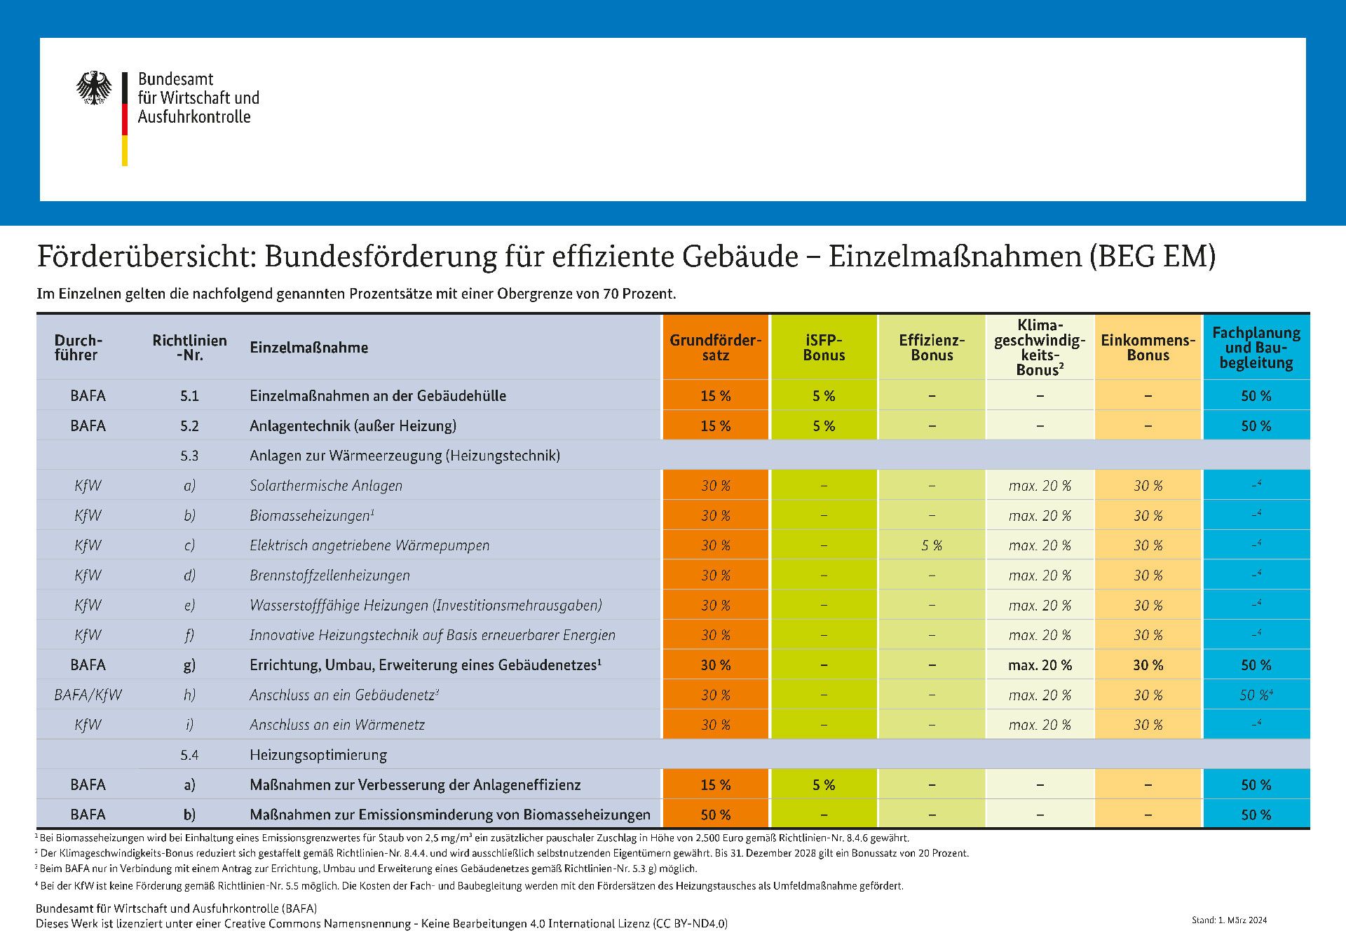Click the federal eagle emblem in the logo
click(x=94, y=88)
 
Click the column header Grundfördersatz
click(x=715, y=348)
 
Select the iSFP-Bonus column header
click(x=824, y=348)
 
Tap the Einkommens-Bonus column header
click(x=1148, y=348)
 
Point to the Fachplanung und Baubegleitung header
click(x=1256, y=348)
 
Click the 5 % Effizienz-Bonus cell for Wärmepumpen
click(x=932, y=545)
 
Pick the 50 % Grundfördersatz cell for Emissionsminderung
click(x=715, y=815)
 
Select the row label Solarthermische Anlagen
click(x=326, y=486)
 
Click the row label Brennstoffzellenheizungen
click(x=329, y=576)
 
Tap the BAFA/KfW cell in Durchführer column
click(x=88, y=695)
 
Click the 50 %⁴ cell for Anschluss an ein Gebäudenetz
click(x=1256, y=695)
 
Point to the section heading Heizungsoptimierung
click(x=318, y=755)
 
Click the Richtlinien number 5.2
click(x=189, y=425)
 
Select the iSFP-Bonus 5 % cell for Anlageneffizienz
click(x=824, y=785)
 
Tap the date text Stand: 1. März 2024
click(x=1229, y=920)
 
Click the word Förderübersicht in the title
click(x=149, y=257)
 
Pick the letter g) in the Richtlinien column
click(x=189, y=665)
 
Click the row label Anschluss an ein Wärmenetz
click(x=337, y=725)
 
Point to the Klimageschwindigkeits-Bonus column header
click(x=1040, y=348)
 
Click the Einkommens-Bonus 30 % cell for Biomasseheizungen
click(x=1148, y=516)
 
